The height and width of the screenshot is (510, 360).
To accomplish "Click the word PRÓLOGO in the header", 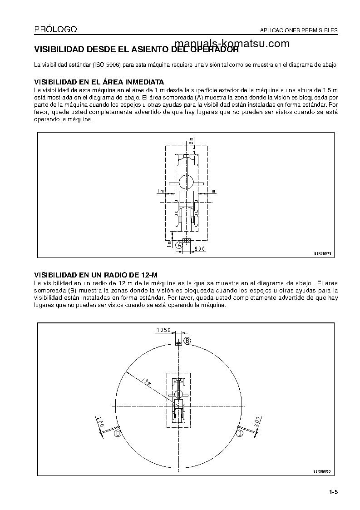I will pos(55,30).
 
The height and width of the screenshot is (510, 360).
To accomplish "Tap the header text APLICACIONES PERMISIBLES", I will pos(298,31).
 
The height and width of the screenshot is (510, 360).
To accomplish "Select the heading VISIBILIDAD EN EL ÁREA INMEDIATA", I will pos(99,82).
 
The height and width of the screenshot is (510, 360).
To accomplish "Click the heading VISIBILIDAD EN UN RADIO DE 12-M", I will pos(96,275).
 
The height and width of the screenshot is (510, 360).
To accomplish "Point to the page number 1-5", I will pos(334,492).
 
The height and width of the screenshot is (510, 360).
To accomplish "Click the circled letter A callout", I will pos(179,244).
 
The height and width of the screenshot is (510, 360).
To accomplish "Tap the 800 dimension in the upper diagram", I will pos(200,248).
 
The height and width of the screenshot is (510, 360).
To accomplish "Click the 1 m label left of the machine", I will pos(160,191).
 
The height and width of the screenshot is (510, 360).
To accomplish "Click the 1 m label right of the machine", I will pos(212,191).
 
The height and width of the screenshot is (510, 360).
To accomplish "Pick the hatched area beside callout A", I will pos(186,240).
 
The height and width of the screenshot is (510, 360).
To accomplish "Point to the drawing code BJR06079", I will pos(323,254).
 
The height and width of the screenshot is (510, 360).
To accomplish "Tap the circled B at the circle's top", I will pos(187,340).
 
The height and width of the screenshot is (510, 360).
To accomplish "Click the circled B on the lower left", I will pos(117,434).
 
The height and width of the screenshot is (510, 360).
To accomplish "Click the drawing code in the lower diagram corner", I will pos(323,471).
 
